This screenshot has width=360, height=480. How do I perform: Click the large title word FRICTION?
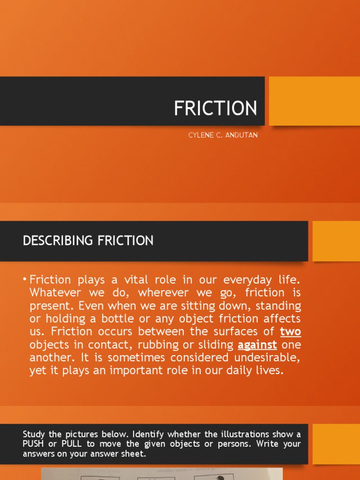tap(215, 108)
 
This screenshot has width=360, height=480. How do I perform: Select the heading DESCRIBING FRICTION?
tap(88, 241)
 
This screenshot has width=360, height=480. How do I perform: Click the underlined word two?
tap(291, 332)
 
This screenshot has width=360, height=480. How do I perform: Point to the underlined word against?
tap(257, 345)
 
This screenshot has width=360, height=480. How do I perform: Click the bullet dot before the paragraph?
tap(25, 280)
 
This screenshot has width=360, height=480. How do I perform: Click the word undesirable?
tap(263, 358)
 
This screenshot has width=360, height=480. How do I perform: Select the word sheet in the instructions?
tap(136, 453)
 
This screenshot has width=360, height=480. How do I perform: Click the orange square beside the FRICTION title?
tap(314, 101)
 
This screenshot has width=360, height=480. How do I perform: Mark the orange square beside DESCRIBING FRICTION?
tap(336, 241)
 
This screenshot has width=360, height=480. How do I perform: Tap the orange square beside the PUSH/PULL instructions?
tap(336, 444)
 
